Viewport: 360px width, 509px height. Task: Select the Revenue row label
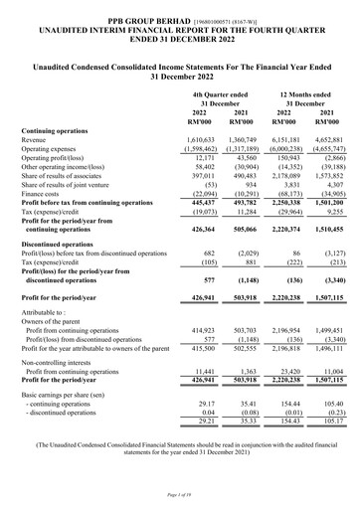pyautogui.click(x=37, y=142)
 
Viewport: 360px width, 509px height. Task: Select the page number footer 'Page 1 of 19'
pyautogui.click(x=179, y=494)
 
